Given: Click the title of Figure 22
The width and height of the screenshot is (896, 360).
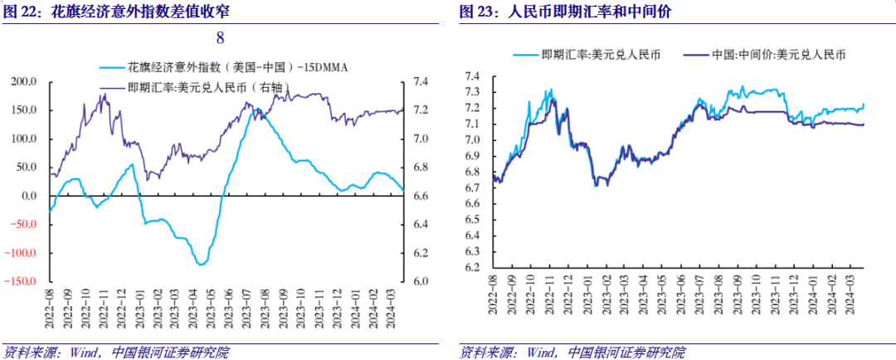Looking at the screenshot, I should (x=117, y=13).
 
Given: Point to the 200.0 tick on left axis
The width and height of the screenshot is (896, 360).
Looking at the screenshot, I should (x=23, y=82).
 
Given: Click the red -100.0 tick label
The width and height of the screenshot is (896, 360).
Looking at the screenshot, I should (x=22, y=253).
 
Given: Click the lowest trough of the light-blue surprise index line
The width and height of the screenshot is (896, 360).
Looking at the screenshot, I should (x=201, y=265).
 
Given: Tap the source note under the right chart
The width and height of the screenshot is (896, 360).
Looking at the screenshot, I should (x=572, y=352).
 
